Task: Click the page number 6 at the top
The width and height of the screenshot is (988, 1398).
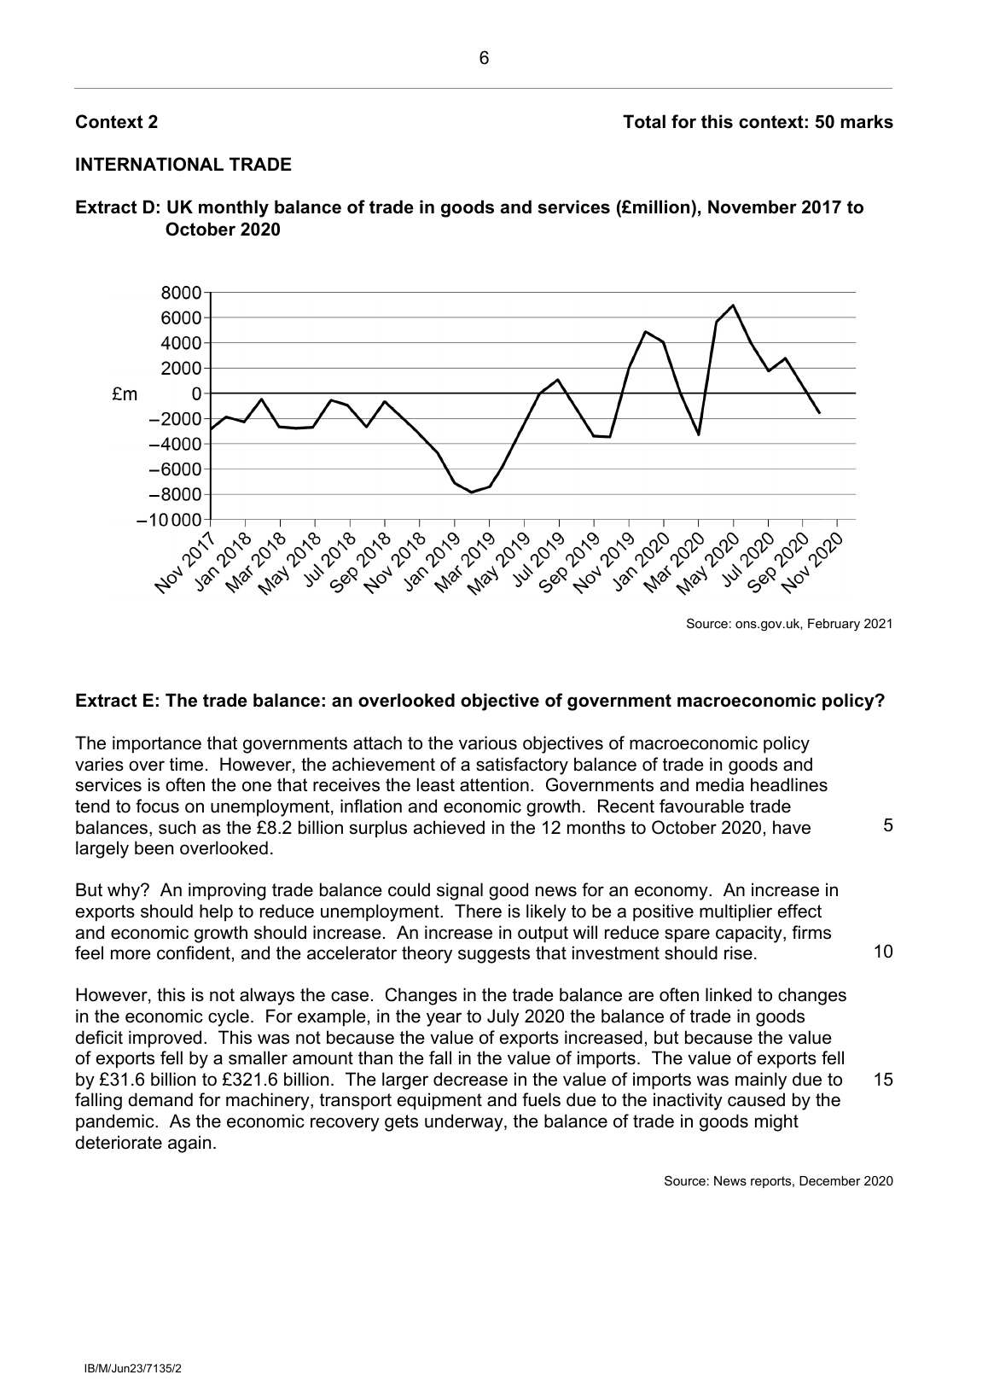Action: tap(484, 59)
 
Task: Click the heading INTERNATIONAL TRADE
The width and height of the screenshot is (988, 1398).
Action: tap(183, 165)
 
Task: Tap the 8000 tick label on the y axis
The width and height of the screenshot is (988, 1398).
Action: tap(181, 294)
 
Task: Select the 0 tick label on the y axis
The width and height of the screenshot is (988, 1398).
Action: tap(196, 393)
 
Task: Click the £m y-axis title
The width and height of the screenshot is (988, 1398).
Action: tap(125, 394)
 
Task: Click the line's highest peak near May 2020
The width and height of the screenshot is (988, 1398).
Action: tap(733, 306)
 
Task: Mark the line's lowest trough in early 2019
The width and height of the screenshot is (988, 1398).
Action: tap(471, 492)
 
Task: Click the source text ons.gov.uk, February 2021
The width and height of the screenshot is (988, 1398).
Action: tap(789, 625)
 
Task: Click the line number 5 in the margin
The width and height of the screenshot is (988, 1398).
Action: tap(888, 826)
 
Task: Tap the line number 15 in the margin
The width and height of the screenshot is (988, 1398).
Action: tap(884, 1080)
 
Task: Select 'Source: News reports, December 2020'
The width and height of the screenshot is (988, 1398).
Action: tap(778, 1182)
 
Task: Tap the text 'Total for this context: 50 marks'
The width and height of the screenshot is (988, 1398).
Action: tap(758, 122)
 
